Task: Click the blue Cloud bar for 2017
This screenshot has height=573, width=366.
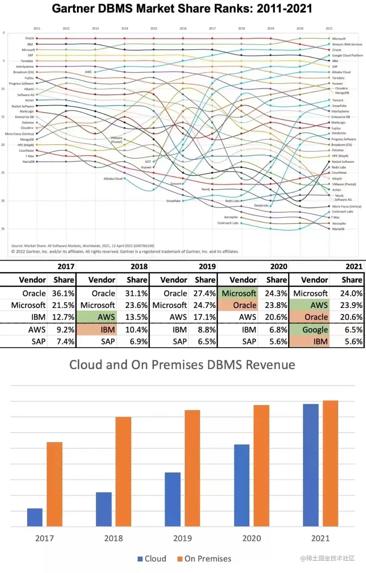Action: [x=35, y=517]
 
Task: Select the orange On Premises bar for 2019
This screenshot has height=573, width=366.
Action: [x=192, y=468]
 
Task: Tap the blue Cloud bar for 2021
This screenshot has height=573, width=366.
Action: [x=310, y=465]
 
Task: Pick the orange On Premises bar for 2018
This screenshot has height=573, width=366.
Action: [x=123, y=472]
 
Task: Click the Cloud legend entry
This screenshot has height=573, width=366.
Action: [x=152, y=559]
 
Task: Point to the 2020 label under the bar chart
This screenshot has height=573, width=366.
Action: [x=251, y=538]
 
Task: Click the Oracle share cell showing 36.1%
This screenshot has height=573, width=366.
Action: [x=63, y=293]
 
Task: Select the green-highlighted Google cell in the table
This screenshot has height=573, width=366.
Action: [x=315, y=329]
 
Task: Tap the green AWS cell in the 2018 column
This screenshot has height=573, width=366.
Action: [x=106, y=317]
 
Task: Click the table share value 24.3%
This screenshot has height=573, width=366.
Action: [x=276, y=293]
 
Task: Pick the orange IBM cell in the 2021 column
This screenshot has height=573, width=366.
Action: [x=320, y=341]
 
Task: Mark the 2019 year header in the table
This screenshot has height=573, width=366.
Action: [x=207, y=267]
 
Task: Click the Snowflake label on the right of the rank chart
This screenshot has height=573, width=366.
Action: [x=339, y=106]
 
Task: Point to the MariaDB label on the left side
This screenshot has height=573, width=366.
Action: [x=28, y=162]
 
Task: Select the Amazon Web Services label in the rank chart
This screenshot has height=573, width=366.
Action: [x=347, y=44]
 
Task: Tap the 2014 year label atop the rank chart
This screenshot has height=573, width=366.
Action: [x=125, y=28]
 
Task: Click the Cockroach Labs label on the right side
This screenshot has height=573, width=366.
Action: [x=342, y=212]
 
